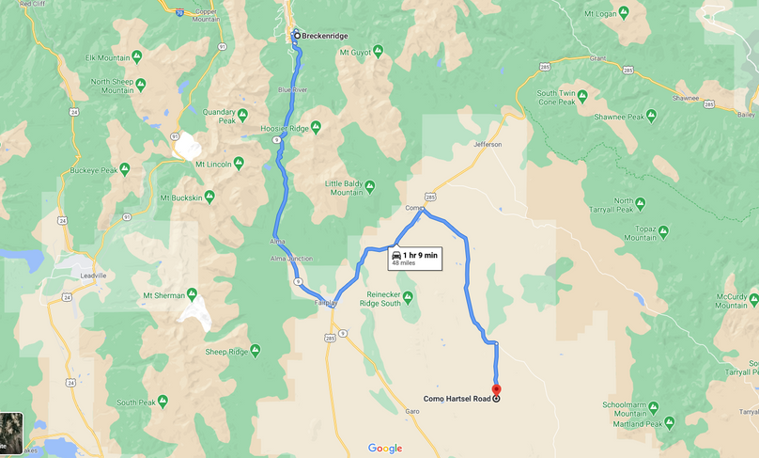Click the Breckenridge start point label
tap(324, 36)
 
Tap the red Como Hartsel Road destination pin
tap(497, 389)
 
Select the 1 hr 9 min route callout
tap(414, 259)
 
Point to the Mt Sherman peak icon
tap(192, 294)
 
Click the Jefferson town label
tap(488, 144)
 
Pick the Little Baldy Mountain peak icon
tap(369, 186)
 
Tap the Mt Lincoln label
tap(212, 164)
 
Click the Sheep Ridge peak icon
tap(255, 351)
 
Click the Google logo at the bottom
tap(385, 449)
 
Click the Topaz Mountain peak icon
tap(663, 229)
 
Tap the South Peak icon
tap(162, 402)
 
